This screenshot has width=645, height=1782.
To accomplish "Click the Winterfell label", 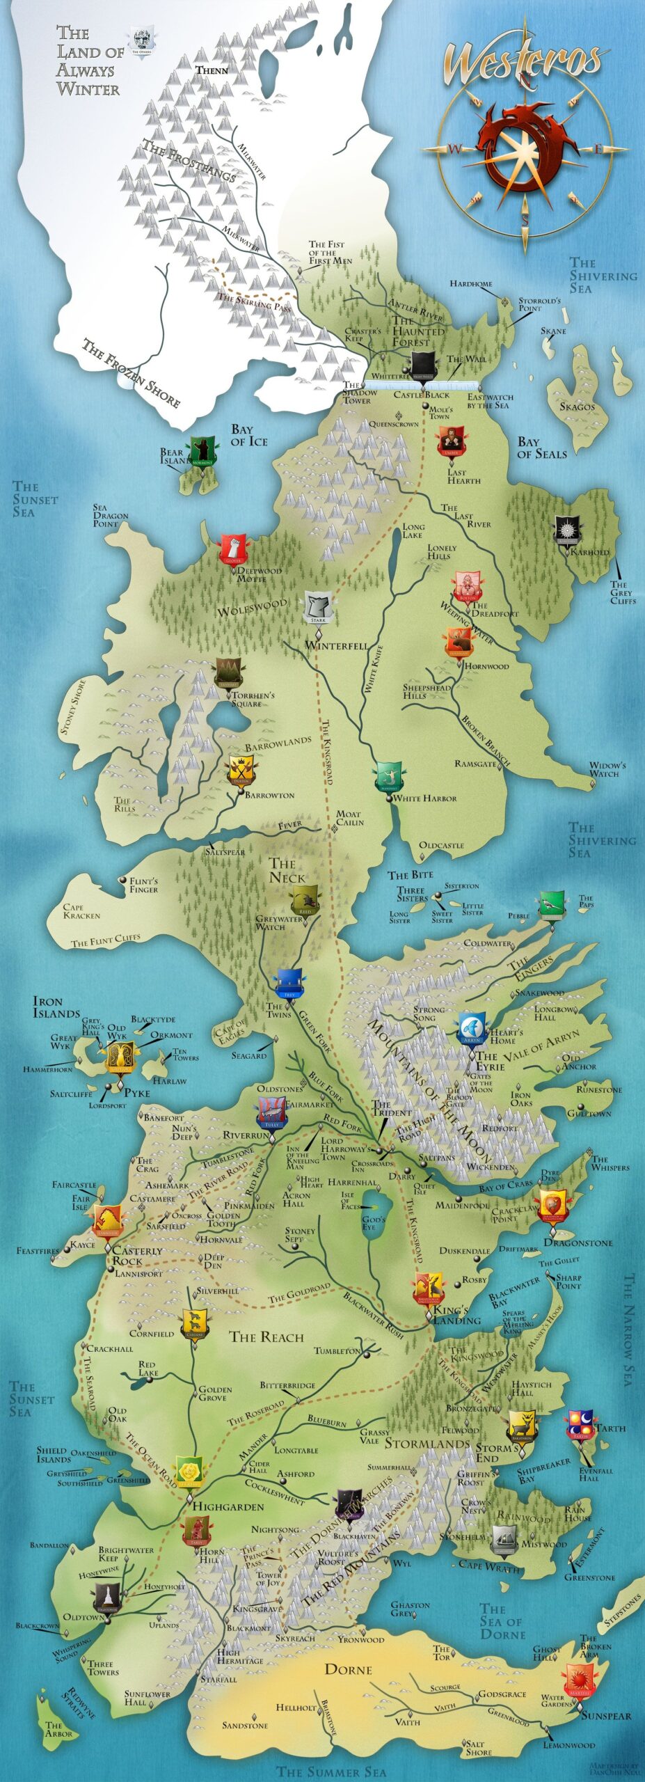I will coord(336,645).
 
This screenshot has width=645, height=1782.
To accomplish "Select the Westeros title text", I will coord(522,61).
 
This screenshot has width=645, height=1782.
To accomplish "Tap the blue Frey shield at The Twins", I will coord(290,982).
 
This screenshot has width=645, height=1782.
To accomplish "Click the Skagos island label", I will coord(578,406).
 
